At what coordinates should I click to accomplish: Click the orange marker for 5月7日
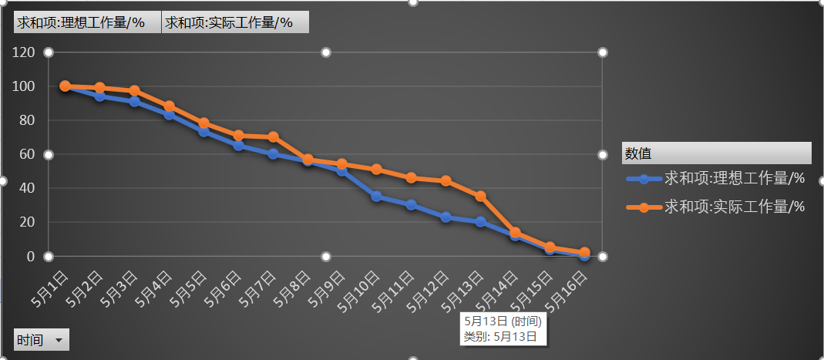(x=273, y=137)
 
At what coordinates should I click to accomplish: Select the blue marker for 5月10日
(x=377, y=197)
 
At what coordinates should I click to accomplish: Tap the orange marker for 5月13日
(x=481, y=196)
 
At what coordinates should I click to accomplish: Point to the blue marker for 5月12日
(x=446, y=217)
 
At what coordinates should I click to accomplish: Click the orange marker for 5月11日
(x=412, y=178)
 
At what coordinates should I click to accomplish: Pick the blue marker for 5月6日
(x=238, y=145)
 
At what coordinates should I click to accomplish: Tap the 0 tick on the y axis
(x=31, y=256)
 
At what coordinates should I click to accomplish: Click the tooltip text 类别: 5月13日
(x=499, y=336)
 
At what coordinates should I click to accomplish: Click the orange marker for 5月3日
(x=134, y=91)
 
